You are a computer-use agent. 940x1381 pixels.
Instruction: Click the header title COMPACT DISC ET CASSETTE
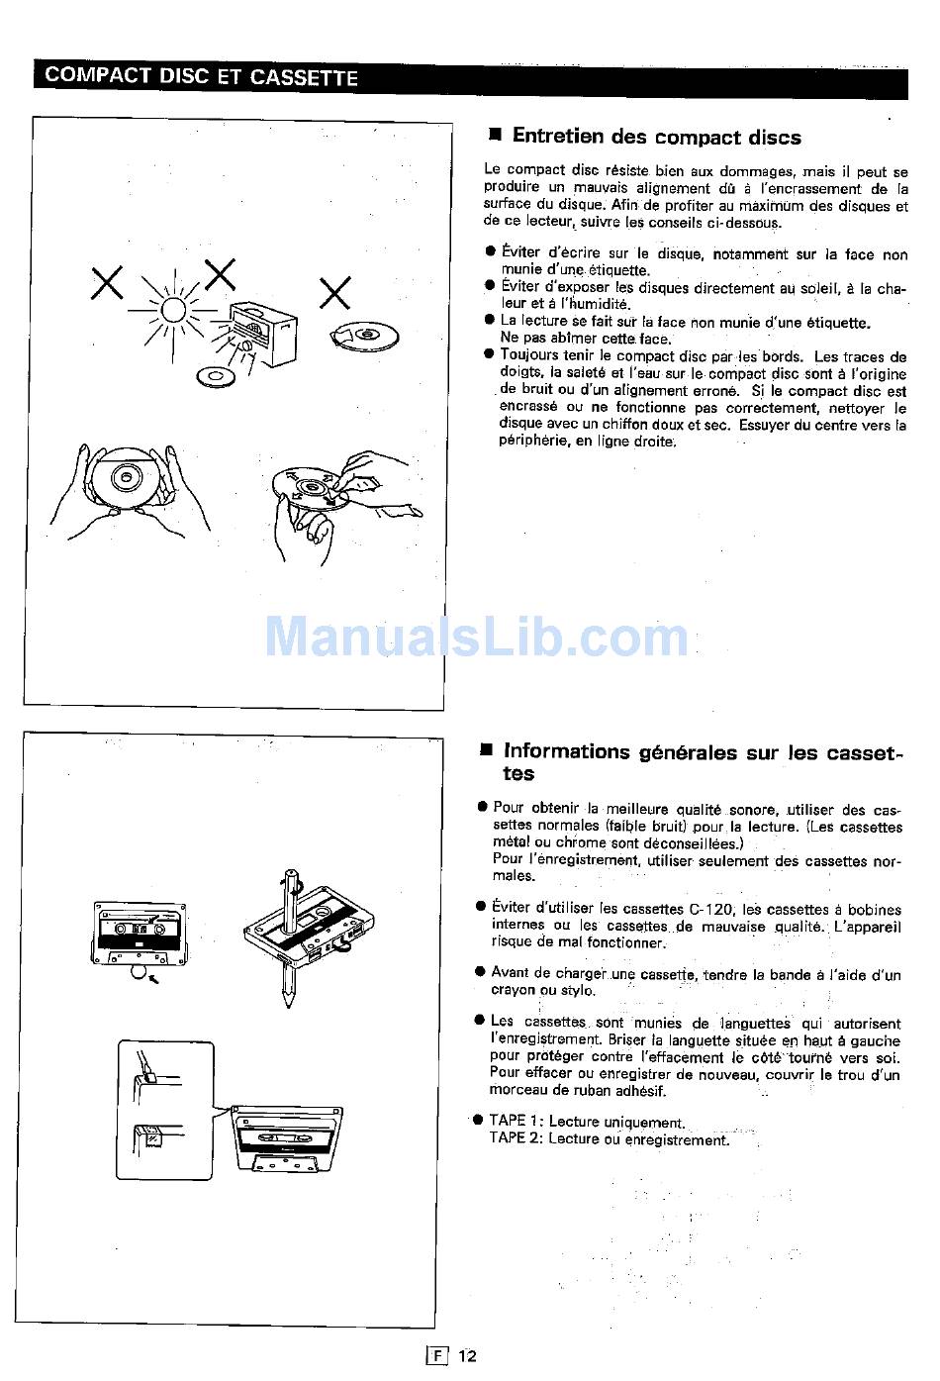click(x=201, y=76)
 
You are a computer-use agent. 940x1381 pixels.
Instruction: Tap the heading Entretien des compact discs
click(x=656, y=137)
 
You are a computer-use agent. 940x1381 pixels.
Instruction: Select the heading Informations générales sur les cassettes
click(x=703, y=762)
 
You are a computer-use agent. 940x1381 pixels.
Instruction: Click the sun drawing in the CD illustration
click(x=172, y=310)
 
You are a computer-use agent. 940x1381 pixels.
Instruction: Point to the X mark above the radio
click(x=220, y=274)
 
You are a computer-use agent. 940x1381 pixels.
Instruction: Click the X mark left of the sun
click(x=107, y=283)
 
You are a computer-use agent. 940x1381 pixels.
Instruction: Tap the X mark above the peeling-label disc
click(x=335, y=292)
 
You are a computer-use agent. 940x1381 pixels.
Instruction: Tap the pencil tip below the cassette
click(x=289, y=1001)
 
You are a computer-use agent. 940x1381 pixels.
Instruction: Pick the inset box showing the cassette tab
click(x=165, y=1111)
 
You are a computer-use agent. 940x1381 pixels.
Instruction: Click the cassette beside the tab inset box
click(x=287, y=1138)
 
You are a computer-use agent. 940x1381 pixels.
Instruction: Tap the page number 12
click(x=467, y=1355)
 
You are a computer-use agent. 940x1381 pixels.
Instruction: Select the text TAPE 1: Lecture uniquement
click(x=587, y=1122)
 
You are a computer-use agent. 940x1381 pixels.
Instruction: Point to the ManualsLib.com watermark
click(x=477, y=637)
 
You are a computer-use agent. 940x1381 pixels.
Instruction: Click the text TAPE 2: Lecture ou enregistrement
click(x=609, y=1138)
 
